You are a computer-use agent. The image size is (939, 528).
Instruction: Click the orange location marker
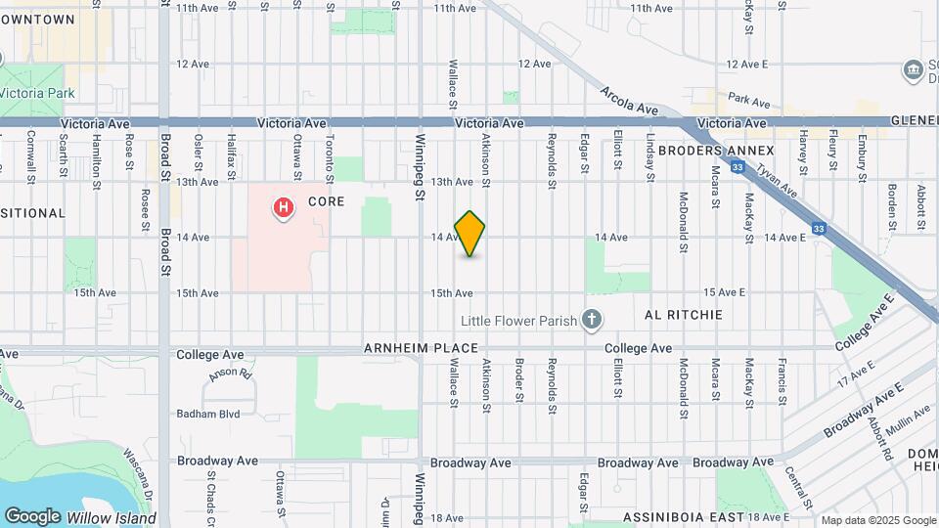469,234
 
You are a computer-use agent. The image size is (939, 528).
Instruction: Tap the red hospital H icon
284,207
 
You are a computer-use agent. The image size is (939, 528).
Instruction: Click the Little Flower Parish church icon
591,319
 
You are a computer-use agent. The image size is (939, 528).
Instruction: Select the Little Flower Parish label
519,320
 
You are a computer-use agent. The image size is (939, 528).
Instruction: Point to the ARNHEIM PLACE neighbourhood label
421,348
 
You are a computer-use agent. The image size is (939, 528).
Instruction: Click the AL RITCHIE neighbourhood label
684,315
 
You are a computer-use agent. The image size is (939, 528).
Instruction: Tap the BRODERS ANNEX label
716,151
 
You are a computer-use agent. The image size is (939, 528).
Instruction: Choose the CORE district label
327,201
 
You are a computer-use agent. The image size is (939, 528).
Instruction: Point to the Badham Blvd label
208,414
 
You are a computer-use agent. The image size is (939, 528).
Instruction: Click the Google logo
32,515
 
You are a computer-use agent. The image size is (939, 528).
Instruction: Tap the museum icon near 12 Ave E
912,69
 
